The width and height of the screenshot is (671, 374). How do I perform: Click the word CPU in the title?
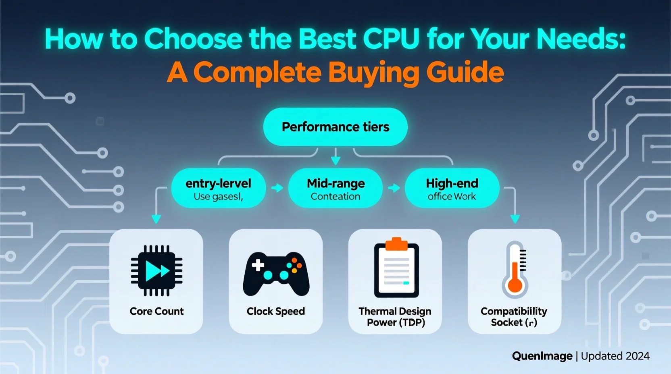point(391,39)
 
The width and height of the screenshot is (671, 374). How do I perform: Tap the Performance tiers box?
point(335,127)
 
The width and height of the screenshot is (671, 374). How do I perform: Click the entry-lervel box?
point(218,188)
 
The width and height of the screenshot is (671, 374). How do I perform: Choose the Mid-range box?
point(335,188)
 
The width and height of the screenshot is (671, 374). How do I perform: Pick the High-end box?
point(452,188)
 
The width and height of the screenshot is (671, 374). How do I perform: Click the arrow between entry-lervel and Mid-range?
point(277,188)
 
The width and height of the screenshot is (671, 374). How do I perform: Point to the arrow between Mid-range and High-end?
point(394,188)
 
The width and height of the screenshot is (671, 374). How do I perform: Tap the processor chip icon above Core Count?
point(156,270)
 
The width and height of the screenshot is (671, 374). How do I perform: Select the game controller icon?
point(276,274)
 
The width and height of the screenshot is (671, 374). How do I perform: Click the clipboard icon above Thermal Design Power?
point(396,269)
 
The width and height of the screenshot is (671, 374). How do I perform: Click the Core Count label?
point(156,311)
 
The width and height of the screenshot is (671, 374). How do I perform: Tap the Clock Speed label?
point(276,311)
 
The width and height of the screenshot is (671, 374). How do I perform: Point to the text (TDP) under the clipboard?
point(412,322)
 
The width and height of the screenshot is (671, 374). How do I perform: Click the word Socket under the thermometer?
point(506,322)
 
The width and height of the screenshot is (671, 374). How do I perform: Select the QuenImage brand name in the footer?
point(542,356)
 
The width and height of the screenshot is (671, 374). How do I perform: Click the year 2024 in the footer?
point(637,356)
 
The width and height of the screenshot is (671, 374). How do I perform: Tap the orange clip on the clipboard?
point(396,243)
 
